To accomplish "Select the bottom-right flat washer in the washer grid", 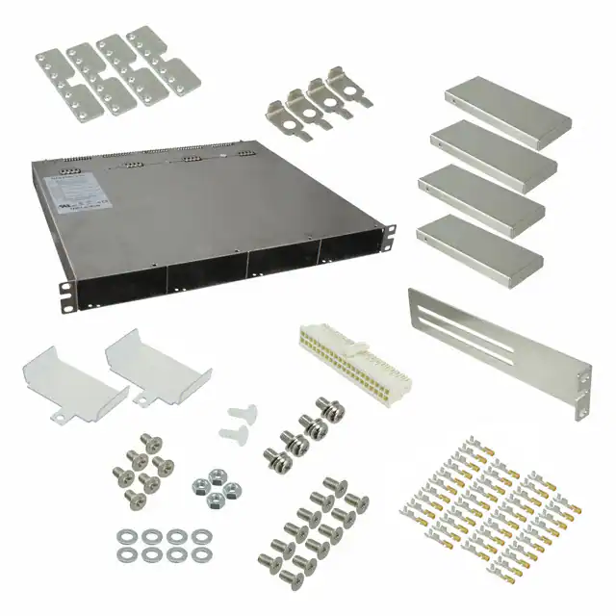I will [200, 554].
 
